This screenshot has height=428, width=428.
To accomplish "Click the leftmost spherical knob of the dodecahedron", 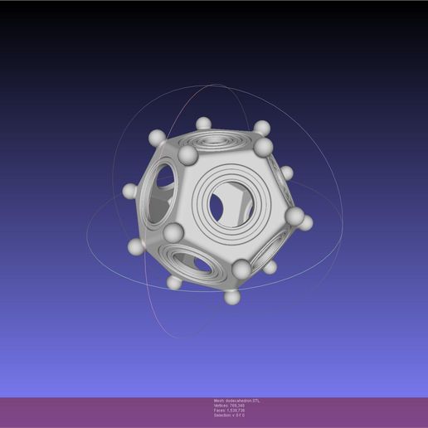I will click(x=129, y=192).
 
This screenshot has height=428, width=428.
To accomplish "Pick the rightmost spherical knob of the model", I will click(x=306, y=222).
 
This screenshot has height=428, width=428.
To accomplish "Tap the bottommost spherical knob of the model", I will click(x=232, y=296).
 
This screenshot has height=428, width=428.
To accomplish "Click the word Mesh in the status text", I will click(x=219, y=401).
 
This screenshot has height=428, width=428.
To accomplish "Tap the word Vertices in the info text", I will click(x=221, y=406).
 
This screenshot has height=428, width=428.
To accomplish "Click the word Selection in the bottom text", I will click(x=222, y=416).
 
